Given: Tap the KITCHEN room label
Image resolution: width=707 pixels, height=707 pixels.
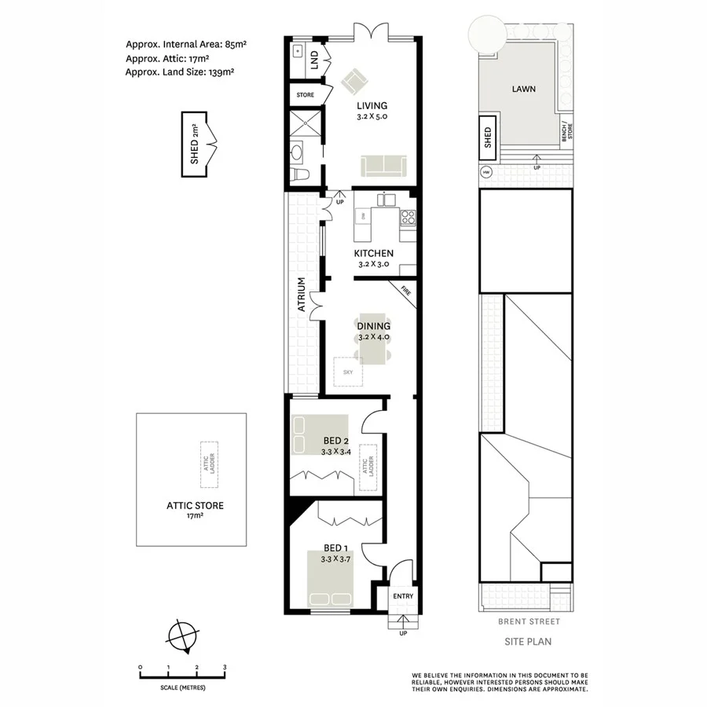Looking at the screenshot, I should (x=373, y=253).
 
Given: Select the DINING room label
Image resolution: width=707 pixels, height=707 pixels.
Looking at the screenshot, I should (x=373, y=325).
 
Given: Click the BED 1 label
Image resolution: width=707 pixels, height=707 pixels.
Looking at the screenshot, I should (x=335, y=548).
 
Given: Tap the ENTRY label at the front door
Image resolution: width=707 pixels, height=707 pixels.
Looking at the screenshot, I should (x=402, y=596).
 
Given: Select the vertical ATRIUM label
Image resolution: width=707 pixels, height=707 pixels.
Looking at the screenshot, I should (x=301, y=295).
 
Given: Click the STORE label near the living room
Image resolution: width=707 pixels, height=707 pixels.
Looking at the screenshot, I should (x=305, y=95).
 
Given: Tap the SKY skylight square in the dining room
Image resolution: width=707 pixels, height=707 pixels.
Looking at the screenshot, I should (x=348, y=372).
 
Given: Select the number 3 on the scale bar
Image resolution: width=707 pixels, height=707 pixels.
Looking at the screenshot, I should (x=225, y=667).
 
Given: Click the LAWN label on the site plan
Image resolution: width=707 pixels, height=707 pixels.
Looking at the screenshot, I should (x=523, y=89).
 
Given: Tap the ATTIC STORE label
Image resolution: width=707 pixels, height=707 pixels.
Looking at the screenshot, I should (x=193, y=505).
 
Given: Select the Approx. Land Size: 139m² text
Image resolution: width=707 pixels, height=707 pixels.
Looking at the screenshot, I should (x=179, y=71).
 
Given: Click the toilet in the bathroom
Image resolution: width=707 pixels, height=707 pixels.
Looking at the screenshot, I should (x=296, y=174).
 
